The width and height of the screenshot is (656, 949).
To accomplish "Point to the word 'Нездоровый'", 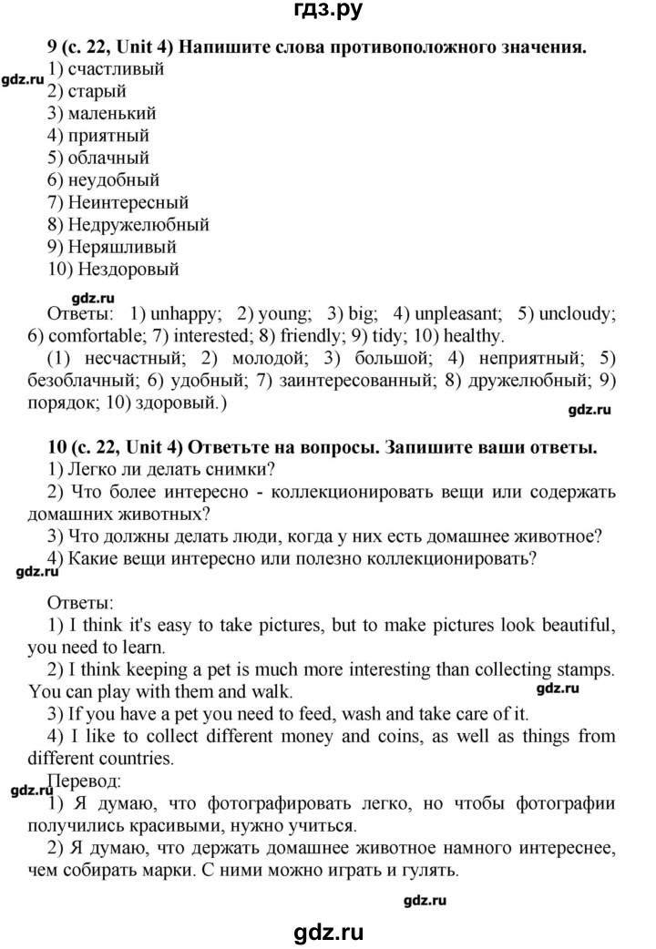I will [128, 269].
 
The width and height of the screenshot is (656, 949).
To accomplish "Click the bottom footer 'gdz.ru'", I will [328, 928].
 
